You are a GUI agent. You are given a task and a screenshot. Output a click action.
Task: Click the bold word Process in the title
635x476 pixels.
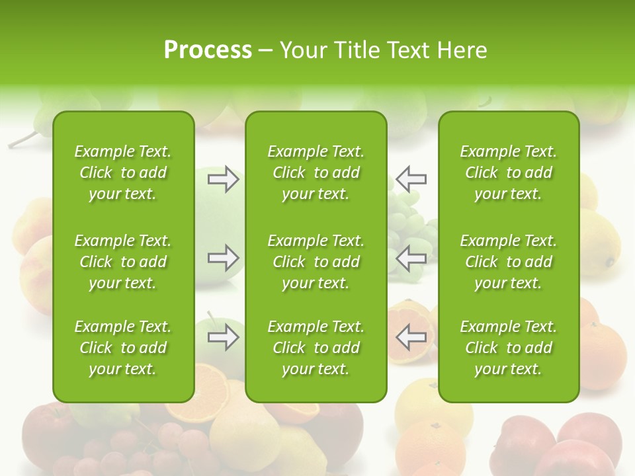(208, 50)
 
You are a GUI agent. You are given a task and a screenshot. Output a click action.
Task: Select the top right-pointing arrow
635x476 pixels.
(224, 178)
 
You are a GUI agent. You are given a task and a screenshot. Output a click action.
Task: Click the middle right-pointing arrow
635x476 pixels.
(224, 258)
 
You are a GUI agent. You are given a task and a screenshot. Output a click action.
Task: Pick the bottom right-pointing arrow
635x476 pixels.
(224, 337)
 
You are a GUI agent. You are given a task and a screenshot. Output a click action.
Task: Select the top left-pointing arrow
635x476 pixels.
(411, 178)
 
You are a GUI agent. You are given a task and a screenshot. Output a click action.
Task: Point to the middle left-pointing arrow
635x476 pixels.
(411, 258)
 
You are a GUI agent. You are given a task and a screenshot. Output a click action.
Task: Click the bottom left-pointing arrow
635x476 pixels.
(411, 337)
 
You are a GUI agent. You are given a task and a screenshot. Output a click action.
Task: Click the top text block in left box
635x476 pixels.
(123, 173)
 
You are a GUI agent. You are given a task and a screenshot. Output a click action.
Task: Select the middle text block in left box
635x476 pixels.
(123, 262)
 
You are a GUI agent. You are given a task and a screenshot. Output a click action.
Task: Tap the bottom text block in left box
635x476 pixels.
(123, 348)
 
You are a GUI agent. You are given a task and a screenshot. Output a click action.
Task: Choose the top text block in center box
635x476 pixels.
(316, 173)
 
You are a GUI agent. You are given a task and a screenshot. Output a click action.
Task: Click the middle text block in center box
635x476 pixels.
(316, 262)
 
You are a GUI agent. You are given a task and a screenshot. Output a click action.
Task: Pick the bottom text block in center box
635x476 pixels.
(316, 348)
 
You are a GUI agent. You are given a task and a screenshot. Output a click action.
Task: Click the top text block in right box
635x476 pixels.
(509, 173)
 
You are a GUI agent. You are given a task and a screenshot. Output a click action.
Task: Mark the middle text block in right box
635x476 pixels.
(509, 262)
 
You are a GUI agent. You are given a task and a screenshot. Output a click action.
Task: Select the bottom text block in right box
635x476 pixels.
(509, 348)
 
